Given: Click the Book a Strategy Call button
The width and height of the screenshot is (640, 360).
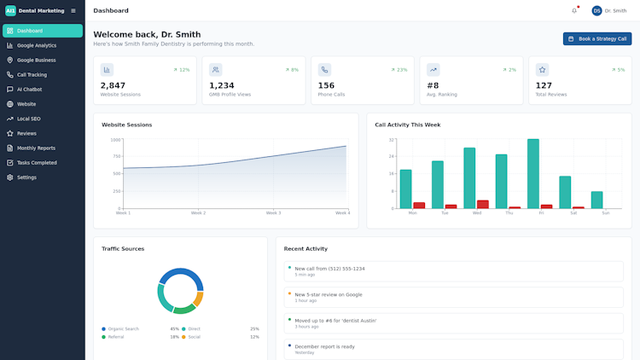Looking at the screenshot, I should click(x=596, y=38).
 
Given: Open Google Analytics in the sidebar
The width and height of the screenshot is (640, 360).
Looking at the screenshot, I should click(x=37, y=45).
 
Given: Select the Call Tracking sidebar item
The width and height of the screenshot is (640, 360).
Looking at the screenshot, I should click(x=32, y=74).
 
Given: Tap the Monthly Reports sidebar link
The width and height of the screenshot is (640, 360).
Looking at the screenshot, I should click(x=36, y=148).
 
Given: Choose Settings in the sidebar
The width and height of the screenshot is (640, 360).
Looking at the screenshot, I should click(x=26, y=177).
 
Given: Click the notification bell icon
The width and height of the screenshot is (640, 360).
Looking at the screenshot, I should click(x=574, y=11).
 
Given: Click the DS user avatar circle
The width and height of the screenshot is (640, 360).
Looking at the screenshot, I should click(x=596, y=11).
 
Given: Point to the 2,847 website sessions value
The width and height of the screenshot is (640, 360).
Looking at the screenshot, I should click(x=113, y=85).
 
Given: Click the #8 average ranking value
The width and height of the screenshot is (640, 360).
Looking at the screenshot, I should click(x=433, y=85).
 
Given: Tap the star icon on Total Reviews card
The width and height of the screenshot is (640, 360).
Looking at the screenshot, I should click(x=542, y=70).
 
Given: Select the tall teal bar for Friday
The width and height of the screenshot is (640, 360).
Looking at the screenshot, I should click(x=532, y=173).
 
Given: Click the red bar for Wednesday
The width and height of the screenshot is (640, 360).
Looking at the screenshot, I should click(x=483, y=204).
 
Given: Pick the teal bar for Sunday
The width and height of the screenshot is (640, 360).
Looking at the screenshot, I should click(x=596, y=200).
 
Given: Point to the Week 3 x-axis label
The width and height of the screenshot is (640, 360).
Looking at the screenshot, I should click(x=273, y=212).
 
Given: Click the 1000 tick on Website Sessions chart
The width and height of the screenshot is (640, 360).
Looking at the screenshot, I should click(x=115, y=139).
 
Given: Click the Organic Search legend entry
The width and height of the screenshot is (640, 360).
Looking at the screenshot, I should click(x=123, y=328).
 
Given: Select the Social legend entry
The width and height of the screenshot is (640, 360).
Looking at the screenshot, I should click(x=194, y=337).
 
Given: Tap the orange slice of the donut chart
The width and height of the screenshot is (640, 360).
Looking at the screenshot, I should click(x=198, y=299).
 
